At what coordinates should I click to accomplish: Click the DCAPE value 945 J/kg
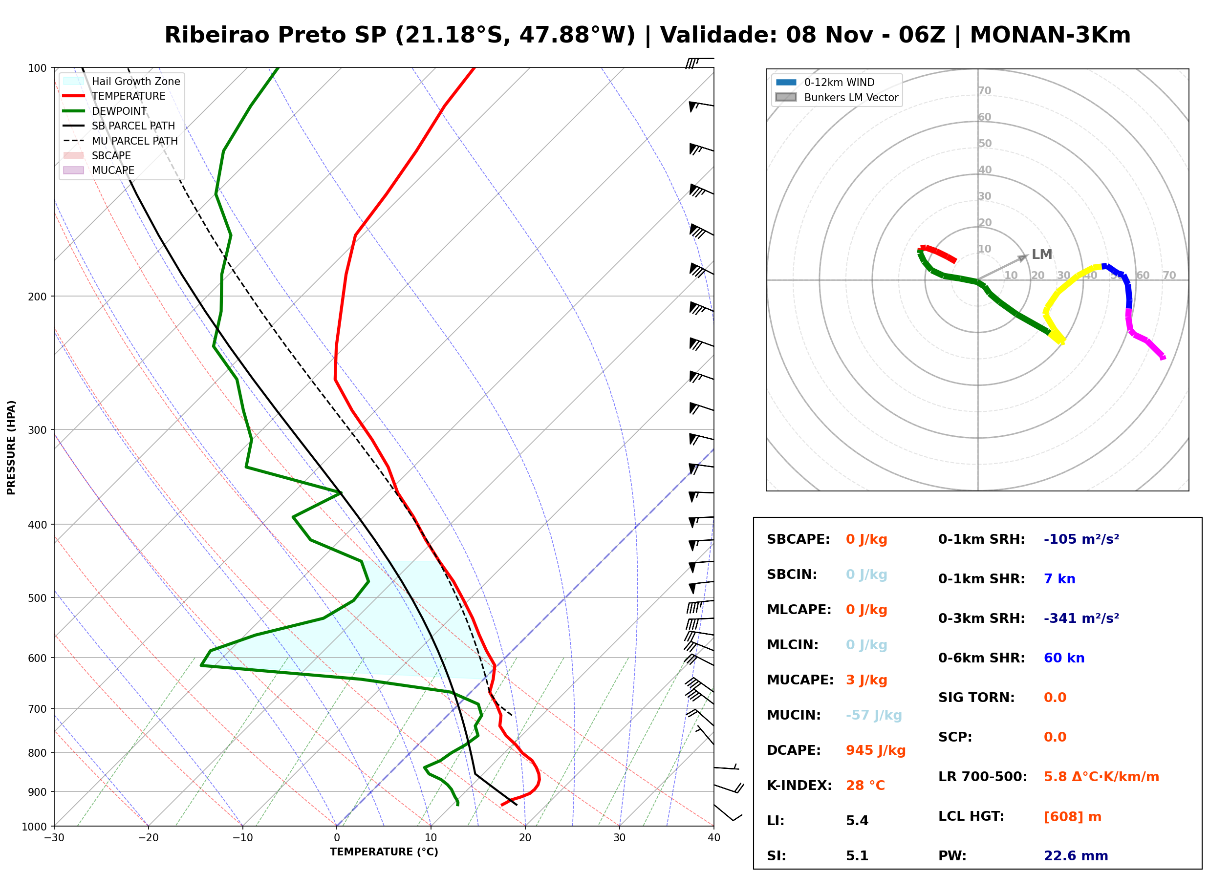[875, 750]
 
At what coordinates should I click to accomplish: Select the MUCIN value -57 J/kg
[873, 715]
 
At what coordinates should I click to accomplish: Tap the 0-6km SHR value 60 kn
[1063, 658]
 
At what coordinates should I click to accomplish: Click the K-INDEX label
[799, 786]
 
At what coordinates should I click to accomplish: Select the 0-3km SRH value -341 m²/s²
[1081, 618]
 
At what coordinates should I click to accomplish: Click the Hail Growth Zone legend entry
[122, 81]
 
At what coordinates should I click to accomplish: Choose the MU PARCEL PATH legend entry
[120, 141]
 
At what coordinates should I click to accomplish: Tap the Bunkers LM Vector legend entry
[837, 97]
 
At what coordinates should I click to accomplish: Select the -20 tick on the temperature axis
[148, 838]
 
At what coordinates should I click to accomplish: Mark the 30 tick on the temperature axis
[619, 838]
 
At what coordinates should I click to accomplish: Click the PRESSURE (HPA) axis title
[11, 447]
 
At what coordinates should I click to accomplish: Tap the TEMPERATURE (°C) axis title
[384, 852]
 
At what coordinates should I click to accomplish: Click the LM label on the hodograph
[1041, 255]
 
